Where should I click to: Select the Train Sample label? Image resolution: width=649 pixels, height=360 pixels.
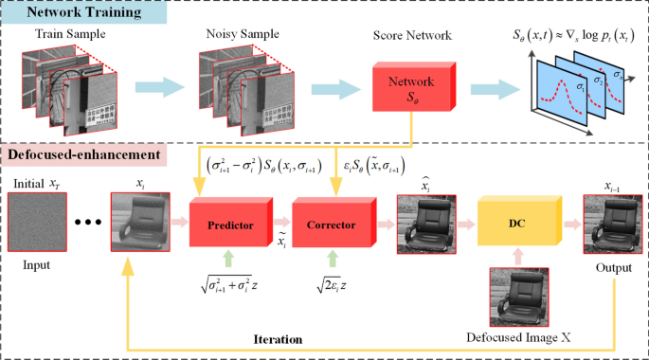coord(70,35)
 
